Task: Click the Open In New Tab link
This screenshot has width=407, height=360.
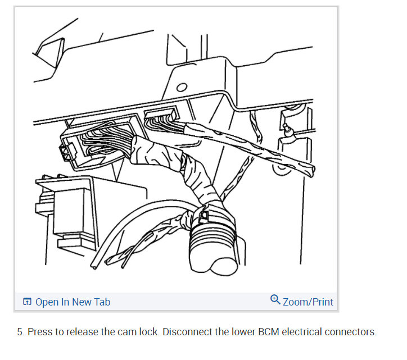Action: point(73,302)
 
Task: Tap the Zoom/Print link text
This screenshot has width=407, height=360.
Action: point(307,302)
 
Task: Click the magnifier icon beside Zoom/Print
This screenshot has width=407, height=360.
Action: point(275,299)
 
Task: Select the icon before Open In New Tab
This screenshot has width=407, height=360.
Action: point(27,302)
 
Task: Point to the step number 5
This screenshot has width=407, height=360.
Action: point(20,332)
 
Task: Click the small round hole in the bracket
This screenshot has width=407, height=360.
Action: point(182,88)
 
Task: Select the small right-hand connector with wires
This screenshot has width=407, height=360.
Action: point(161,120)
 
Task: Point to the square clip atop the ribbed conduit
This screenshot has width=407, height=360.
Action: point(205,215)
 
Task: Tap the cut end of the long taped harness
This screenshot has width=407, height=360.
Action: point(311,170)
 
